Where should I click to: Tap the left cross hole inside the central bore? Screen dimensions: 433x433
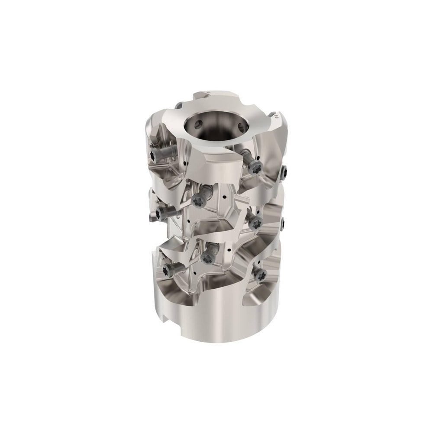197,124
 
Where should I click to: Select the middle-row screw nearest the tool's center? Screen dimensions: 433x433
200,200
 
